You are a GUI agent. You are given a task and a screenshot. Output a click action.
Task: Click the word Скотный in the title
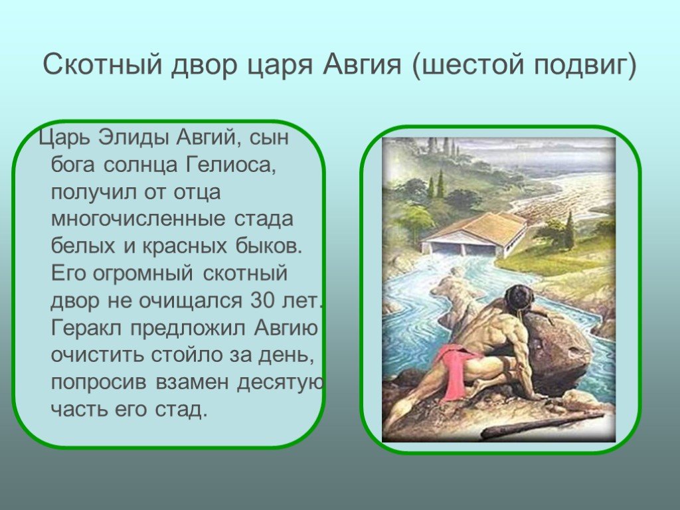[103, 65]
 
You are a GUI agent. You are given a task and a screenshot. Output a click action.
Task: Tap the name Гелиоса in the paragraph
[230, 165]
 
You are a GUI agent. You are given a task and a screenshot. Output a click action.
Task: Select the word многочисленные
[138, 218]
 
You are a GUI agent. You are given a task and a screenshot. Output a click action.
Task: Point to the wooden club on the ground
[542, 425]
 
